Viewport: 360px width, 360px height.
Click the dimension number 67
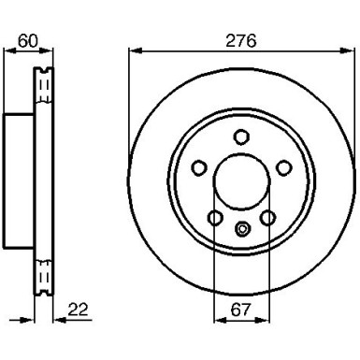(241, 310)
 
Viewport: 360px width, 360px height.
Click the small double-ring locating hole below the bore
(241, 226)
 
